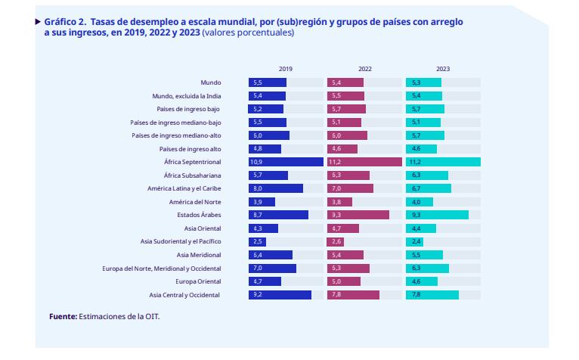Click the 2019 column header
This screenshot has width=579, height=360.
pos(286,69)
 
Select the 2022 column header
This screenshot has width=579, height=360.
pos(364,69)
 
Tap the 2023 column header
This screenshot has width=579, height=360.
pos(443,69)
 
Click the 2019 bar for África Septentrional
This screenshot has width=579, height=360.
pos(286,162)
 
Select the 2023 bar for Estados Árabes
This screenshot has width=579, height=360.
pos(437,215)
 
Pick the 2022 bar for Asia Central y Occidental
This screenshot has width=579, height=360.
pos(353,295)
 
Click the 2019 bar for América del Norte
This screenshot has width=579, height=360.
pos(262,202)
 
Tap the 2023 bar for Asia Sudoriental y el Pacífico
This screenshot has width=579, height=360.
pos(415,242)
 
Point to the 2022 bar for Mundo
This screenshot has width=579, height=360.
pos(345,82)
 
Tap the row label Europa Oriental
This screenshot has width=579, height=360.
pos(197,281)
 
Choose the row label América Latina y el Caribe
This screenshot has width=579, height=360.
pos(185,188)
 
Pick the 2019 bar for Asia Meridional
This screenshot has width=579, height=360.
pos(271,255)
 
